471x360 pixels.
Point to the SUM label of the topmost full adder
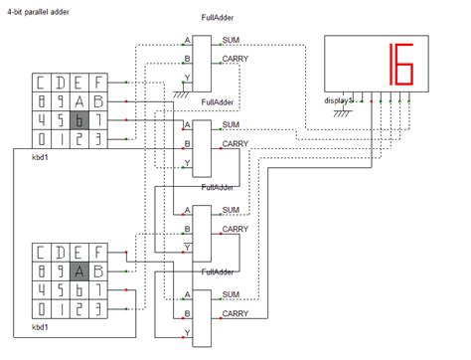[x=231, y=40]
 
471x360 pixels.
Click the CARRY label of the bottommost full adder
[x=235, y=313]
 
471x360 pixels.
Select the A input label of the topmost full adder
[x=187, y=41]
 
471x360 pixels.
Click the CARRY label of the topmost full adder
[x=235, y=59]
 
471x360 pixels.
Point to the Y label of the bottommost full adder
[x=187, y=331]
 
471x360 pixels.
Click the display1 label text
[x=339, y=100]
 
